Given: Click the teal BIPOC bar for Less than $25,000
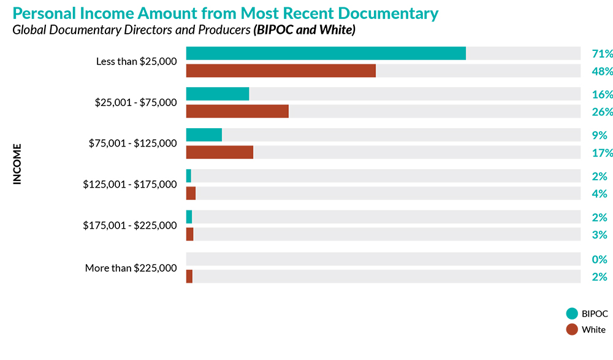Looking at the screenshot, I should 326,53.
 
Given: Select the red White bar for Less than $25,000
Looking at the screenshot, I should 281,71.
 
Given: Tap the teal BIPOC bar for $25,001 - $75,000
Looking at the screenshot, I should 218,94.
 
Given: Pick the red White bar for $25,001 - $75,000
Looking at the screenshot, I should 237,111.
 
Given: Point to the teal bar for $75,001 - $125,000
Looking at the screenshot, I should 204,135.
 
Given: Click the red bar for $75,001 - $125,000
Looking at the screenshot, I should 219,152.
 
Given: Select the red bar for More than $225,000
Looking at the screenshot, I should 189,277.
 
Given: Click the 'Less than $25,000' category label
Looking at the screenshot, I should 136,61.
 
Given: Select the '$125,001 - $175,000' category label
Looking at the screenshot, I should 130,184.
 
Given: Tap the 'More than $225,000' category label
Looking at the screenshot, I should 131,268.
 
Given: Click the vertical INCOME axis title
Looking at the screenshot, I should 17,164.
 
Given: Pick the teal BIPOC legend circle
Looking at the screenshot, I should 572,313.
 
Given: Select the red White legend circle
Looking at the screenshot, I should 572,329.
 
